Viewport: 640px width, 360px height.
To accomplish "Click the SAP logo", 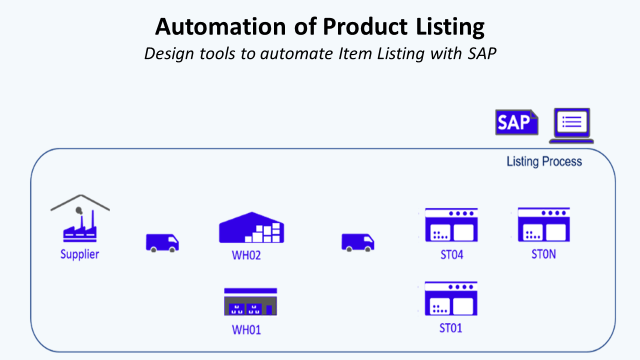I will pos(516,123).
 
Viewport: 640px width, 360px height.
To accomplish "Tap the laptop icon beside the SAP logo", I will pos(571,124).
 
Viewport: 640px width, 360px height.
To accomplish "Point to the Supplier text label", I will pos(80,254).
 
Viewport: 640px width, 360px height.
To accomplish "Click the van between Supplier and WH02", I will pos(163,242).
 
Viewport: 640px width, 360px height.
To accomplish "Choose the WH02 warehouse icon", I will pos(251,228).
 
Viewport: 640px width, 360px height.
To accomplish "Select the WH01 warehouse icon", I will pos(251,302).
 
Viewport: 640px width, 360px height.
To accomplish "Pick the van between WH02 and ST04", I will pos(358,242).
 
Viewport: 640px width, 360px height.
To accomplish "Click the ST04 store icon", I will pos(451,225).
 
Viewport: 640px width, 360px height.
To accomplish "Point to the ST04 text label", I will pos(451,255).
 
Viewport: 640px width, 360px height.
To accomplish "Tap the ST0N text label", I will pos(543,254).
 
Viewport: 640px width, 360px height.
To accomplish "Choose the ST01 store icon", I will pos(451,298).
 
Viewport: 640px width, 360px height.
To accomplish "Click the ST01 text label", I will pos(451,328).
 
